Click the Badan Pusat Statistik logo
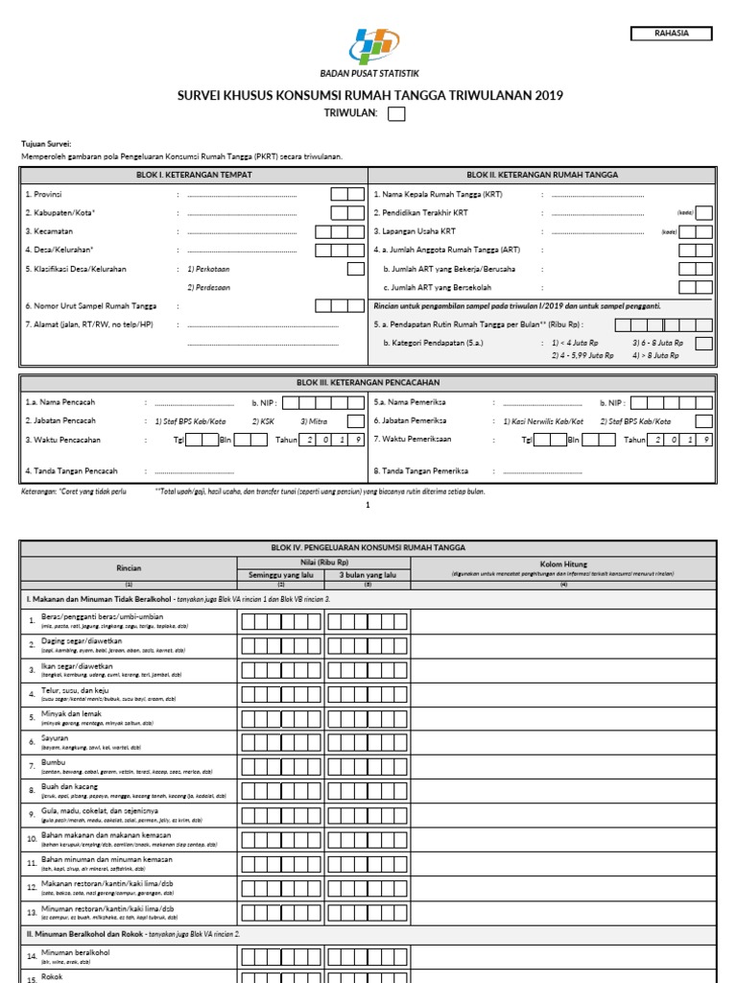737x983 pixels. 368,46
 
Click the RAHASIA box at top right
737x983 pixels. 672,34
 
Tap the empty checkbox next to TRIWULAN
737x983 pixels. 396,115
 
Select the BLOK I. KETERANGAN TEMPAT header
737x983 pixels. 194,175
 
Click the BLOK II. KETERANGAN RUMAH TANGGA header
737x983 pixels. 542,175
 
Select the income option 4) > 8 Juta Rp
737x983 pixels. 654,355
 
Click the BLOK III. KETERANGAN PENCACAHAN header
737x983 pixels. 368,382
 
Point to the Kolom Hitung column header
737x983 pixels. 563,563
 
